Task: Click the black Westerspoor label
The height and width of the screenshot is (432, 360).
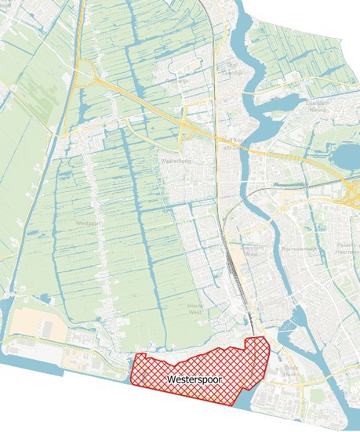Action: [x=195, y=379]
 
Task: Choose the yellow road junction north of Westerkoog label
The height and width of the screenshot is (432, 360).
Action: [x=186, y=123]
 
